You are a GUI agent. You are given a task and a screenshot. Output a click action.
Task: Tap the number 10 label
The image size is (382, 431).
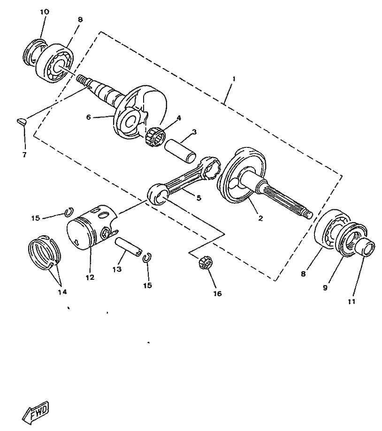[44, 11]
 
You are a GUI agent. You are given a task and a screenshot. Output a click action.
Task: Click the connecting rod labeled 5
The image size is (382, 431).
[183, 181]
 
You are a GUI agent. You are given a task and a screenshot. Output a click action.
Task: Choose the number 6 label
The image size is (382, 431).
[88, 117]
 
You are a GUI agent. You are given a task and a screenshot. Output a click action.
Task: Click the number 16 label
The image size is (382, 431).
[217, 294]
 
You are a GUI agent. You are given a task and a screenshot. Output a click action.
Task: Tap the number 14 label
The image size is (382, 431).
[62, 292]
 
